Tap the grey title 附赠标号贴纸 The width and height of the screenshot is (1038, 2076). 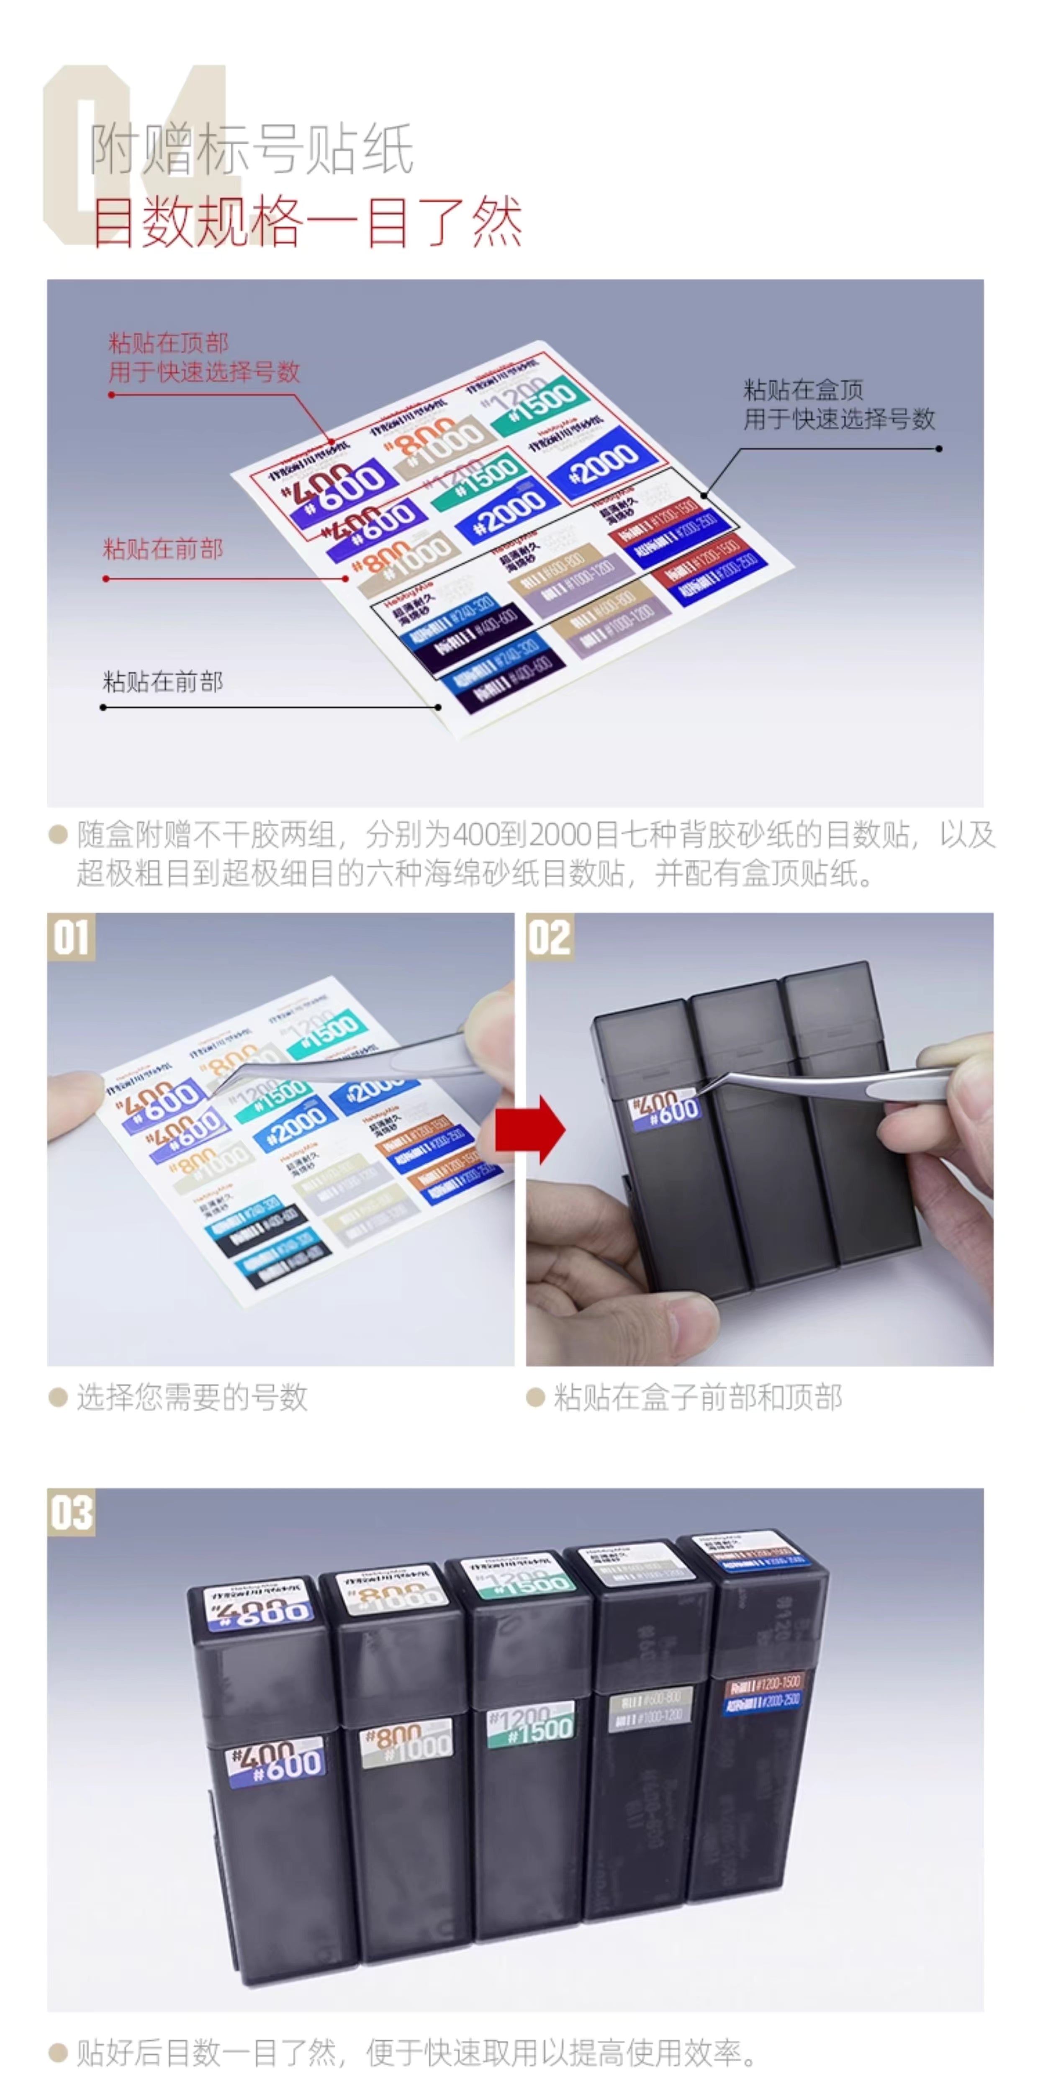coord(252,149)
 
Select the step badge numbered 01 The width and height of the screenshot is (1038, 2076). coord(71,937)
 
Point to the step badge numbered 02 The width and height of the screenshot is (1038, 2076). coord(550,937)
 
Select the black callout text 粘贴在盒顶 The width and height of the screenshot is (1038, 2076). coord(804,390)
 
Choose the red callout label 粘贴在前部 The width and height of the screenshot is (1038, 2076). coord(163,550)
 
